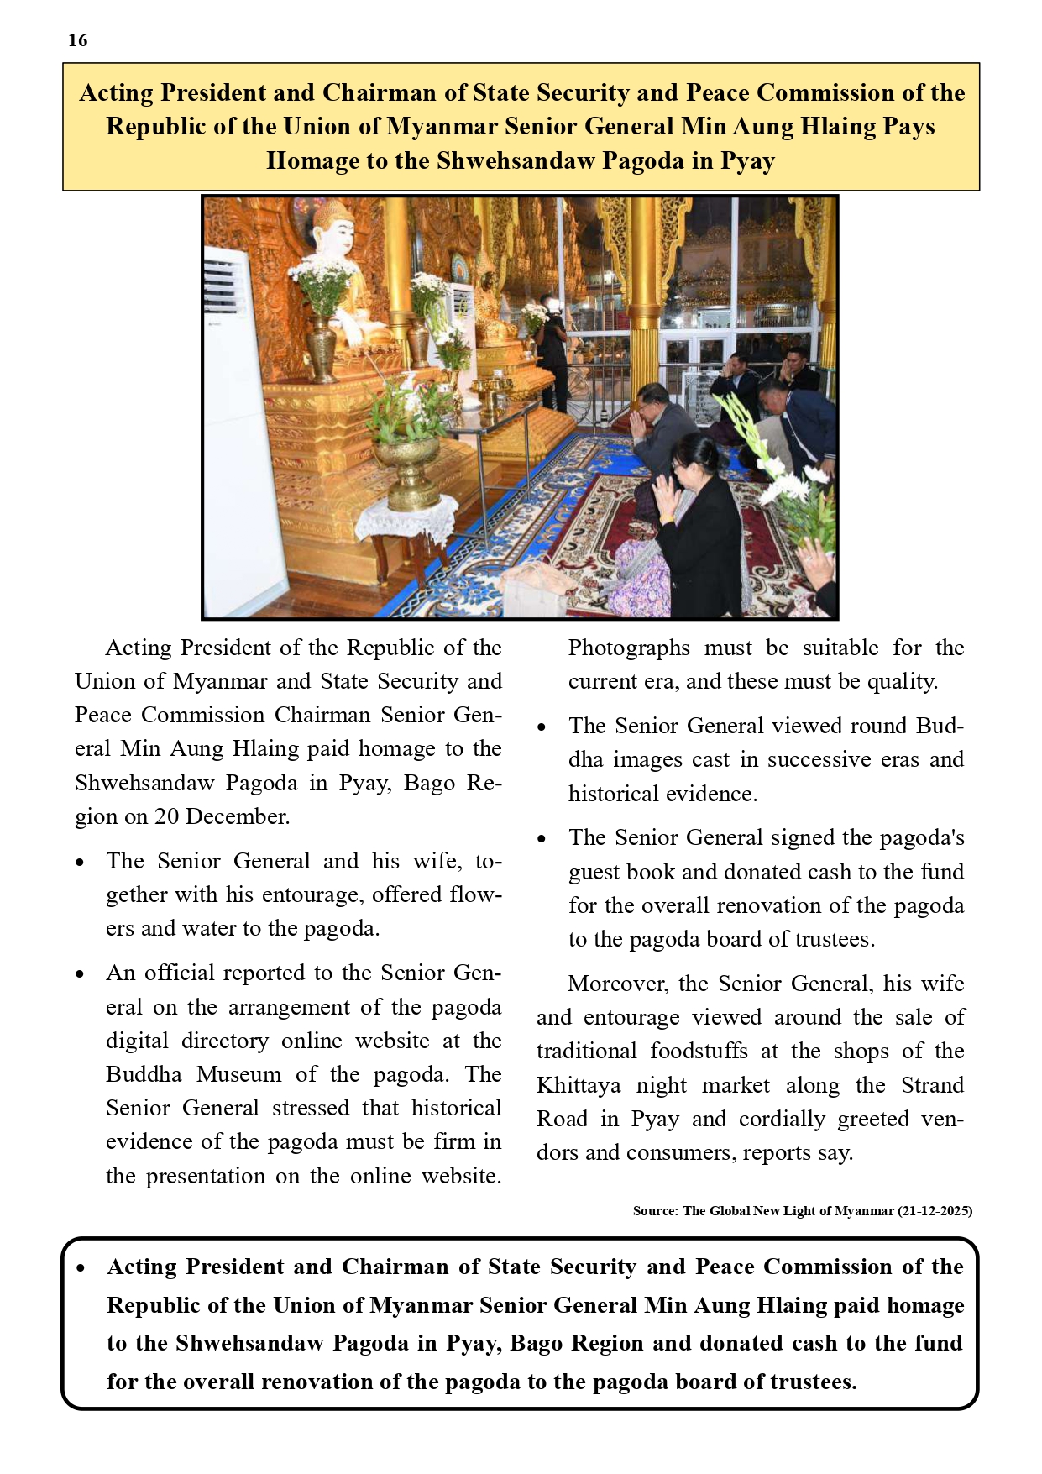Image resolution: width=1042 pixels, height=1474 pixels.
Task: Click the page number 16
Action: [77, 40]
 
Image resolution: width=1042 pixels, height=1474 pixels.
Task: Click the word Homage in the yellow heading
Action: [312, 160]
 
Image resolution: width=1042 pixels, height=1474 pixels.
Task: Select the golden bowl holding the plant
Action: [406, 469]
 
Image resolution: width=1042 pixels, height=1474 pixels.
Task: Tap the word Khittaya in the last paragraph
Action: [579, 1085]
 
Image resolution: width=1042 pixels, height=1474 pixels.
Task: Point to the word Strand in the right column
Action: [932, 1085]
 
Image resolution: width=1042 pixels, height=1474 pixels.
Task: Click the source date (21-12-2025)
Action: [935, 1211]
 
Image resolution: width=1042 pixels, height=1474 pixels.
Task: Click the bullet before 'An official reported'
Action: [81, 974]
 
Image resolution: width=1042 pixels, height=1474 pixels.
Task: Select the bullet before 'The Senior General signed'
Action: [542, 839]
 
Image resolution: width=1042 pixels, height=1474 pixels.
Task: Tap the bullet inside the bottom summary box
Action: [81, 1268]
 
